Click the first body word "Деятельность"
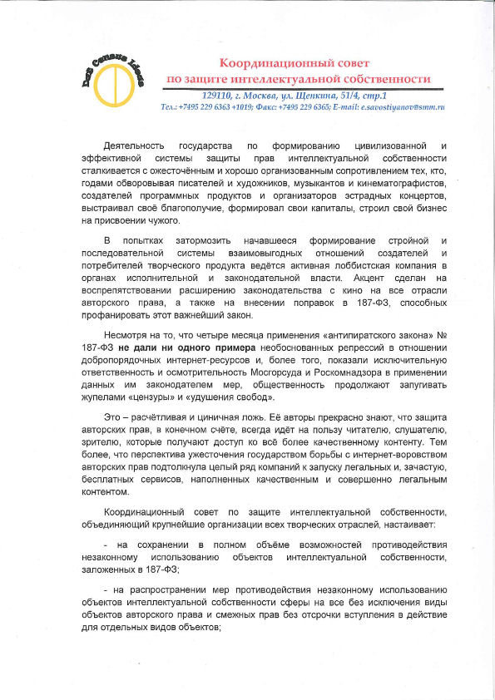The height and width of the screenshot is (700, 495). [x=134, y=145]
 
